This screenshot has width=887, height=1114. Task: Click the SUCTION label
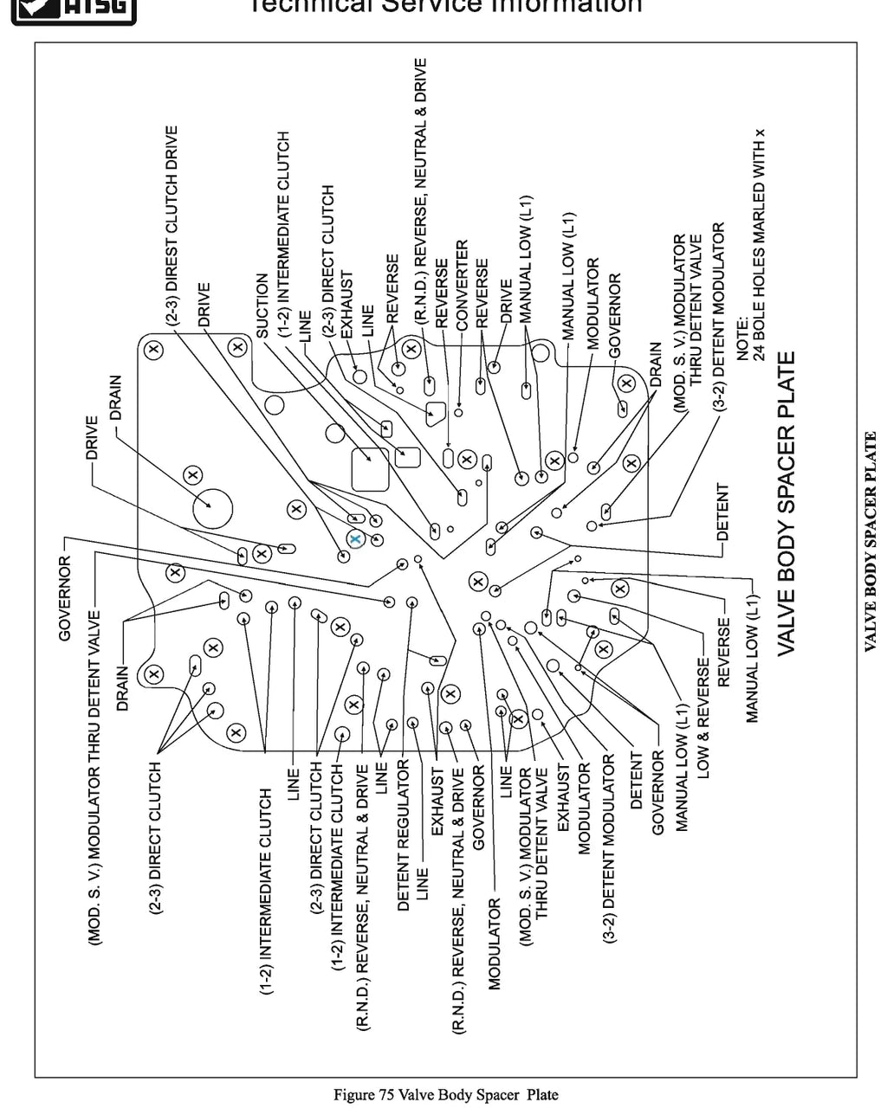coord(262,306)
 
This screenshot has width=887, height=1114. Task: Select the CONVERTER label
coord(462,286)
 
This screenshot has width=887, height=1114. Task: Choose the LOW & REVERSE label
coord(703,718)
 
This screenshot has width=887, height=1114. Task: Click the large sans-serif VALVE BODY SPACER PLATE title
coord(786,504)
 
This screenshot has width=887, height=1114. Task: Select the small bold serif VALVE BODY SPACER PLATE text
coord(870,541)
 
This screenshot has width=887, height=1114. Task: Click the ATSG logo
coord(74,10)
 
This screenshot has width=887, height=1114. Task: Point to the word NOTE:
coord(742,338)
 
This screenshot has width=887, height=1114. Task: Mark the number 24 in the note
coord(759,352)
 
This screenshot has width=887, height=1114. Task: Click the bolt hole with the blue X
coord(355,539)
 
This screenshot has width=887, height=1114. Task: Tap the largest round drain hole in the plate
coord(212,508)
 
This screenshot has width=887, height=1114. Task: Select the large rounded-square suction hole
coord(370,469)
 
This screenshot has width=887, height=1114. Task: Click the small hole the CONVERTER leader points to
coord(458,413)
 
